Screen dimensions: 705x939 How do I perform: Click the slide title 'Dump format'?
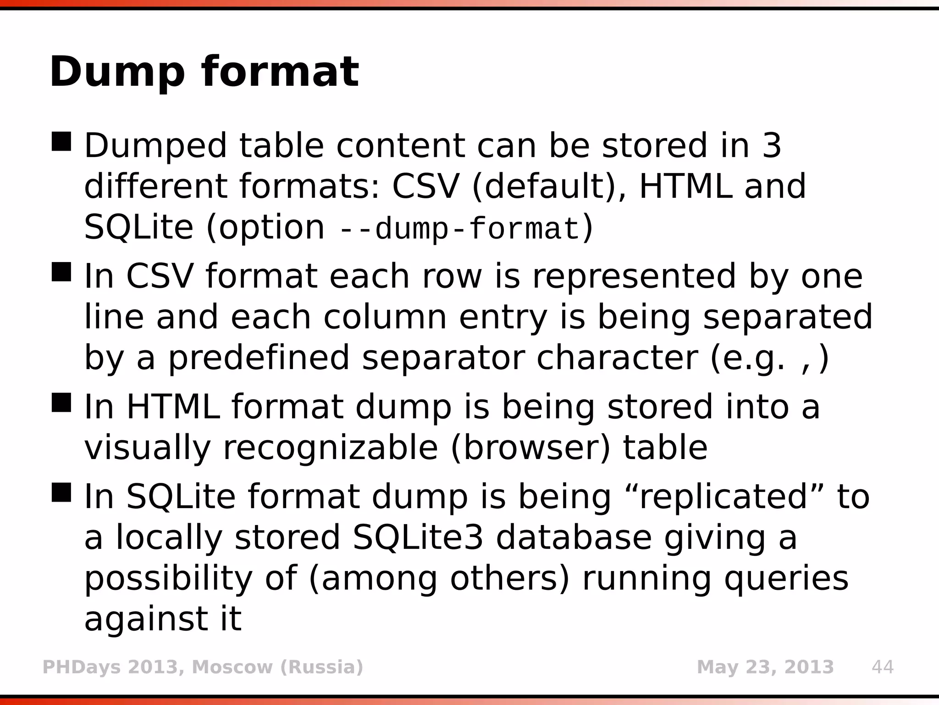tap(204, 73)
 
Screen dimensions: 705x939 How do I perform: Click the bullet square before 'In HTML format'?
tap(61, 403)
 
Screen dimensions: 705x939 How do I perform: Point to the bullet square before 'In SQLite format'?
tap(61, 492)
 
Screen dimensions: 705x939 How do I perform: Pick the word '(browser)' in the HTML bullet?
tap(530, 448)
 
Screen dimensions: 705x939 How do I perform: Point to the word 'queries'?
tap(786, 579)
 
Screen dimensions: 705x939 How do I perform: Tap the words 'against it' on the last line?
tap(163, 619)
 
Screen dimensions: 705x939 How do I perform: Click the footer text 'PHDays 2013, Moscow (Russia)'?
tap(203, 667)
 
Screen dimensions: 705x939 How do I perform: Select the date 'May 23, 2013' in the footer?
tap(765, 667)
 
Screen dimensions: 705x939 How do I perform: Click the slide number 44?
tap(882, 667)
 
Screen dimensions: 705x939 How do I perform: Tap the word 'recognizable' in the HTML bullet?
tap(330, 448)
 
